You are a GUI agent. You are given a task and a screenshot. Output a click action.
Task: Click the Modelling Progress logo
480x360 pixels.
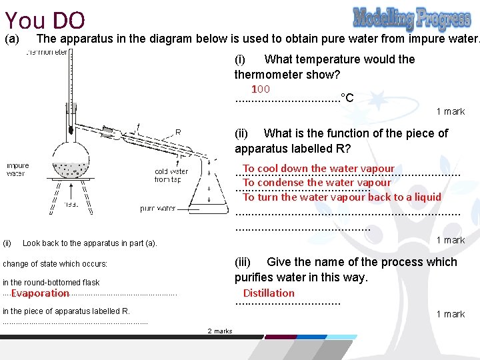pyautogui.click(x=411, y=19)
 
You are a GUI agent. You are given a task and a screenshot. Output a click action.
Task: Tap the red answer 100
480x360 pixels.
pyautogui.click(x=260, y=89)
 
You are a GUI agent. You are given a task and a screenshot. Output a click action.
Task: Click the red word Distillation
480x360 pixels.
pyautogui.click(x=268, y=293)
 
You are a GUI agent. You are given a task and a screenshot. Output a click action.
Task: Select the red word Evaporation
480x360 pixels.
pyautogui.click(x=40, y=293)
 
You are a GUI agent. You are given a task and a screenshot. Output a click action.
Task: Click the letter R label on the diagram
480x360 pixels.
pyautogui.click(x=178, y=131)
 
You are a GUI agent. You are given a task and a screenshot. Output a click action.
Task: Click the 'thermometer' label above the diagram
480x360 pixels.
pyautogui.click(x=47, y=52)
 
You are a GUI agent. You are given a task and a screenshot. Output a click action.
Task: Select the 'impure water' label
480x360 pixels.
pyautogui.click(x=18, y=169)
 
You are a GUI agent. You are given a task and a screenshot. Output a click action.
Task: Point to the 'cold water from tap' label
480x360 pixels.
pyautogui.click(x=171, y=175)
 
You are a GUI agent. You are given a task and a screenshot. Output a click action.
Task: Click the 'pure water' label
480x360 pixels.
pyautogui.click(x=157, y=209)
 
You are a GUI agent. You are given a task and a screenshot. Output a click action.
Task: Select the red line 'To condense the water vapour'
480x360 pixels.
pyautogui.click(x=317, y=183)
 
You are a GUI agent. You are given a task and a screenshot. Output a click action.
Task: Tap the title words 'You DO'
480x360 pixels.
pyautogui.click(x=44, y=20)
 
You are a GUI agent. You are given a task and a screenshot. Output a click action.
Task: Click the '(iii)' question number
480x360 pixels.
pyautogui.click(x=246, y=262)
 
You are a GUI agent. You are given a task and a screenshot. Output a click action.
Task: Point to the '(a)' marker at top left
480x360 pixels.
pyautogui.click(x=13, y=39)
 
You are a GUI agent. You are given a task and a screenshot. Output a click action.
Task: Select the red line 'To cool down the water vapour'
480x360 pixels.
pyautogui.click(x=319, y=169)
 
